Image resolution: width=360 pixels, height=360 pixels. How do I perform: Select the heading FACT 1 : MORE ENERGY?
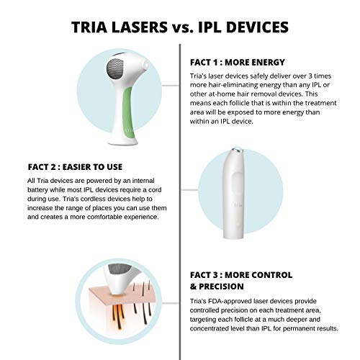[238, 62]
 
